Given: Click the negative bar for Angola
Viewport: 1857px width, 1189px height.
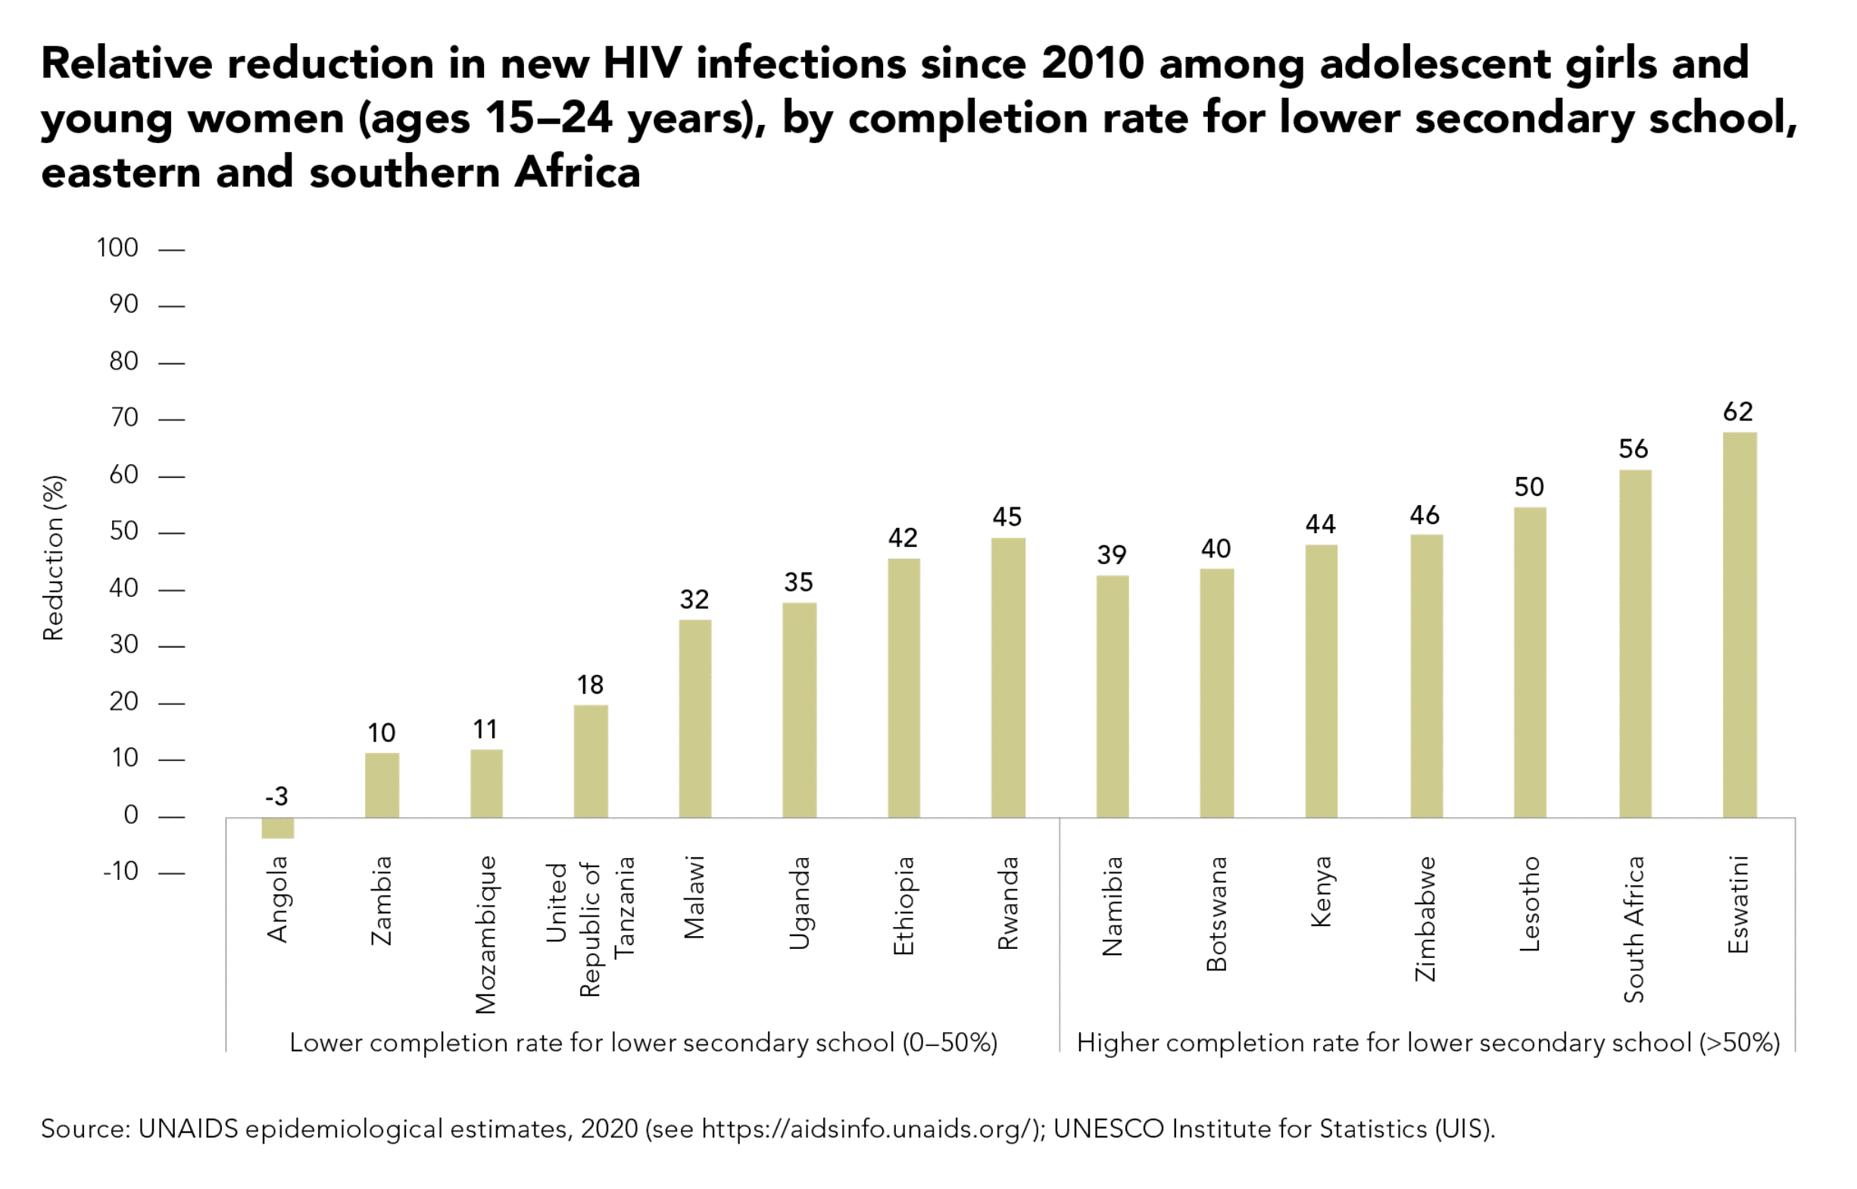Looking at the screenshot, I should [x=277, y=828].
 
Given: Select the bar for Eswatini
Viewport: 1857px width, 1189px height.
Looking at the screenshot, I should [x=1739, y=625].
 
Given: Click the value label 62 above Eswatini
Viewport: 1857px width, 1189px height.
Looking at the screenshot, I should [x=1738, y=411].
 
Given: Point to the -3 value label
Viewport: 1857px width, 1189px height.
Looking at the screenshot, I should [x=276, y=796].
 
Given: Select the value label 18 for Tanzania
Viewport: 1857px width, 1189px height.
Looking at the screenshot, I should [x=590, y=685].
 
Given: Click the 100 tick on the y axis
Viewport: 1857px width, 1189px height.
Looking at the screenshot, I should [x=117, y=248].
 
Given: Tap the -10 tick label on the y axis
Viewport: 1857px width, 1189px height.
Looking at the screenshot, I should [x=120, y=872].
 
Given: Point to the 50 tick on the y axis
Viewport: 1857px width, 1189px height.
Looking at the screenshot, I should [x=123, y=531].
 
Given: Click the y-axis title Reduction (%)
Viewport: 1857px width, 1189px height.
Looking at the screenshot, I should [x=53, y=557].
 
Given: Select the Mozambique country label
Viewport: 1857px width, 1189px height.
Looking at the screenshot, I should [x=485, y=935].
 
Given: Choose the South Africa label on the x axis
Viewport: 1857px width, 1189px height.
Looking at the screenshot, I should [x=1633, y=929].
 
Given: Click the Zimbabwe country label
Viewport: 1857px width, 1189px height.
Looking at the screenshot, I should [x=1425, y=919].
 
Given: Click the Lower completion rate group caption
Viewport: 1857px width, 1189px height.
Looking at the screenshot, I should [x=643, y=1043].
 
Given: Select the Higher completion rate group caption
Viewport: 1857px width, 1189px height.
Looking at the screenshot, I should [x=1428, y=1043].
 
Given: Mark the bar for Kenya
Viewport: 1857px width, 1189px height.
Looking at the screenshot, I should [x=1321, y=681].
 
